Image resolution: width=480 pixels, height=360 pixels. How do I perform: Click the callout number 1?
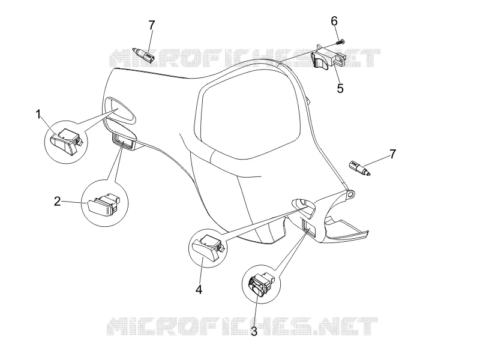pos(38,115)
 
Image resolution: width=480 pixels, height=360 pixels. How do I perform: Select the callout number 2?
pos(57,202)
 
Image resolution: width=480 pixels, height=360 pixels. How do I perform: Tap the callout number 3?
pos(254,331)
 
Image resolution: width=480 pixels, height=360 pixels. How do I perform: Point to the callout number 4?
pos(199,289)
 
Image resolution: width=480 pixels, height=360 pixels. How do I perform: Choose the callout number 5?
pos(340,88)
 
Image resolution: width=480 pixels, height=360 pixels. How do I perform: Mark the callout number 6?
pos(334,22)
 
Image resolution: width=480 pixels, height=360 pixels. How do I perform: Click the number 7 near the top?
pos(152,25)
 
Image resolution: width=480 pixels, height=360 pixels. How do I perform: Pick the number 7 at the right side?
pos(393,154)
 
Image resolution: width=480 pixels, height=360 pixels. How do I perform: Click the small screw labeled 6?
pos(340,42)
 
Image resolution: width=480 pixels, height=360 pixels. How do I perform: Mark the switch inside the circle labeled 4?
pos(208,246)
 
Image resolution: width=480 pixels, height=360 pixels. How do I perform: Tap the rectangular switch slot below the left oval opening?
pos(124,142)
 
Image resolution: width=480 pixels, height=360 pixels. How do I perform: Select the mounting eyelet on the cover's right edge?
pos(351,194)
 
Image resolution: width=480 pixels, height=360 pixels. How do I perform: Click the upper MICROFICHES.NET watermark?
pos(245,58)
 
